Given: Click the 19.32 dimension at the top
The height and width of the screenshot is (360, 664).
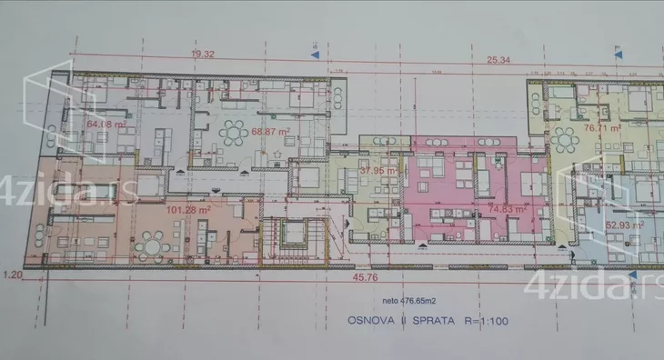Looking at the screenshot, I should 202,55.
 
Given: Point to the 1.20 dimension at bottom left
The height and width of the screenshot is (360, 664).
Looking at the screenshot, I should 12,274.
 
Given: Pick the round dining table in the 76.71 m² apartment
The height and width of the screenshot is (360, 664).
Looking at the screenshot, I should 566,139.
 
